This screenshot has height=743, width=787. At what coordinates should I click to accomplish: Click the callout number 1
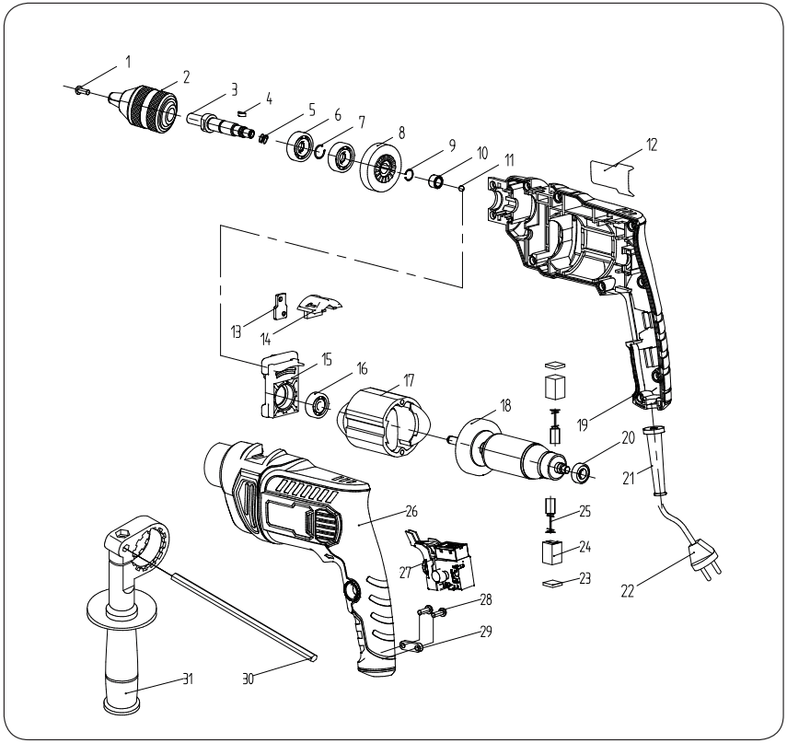click(128, 63)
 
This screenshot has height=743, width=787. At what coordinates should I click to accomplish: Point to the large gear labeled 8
click(379, 168)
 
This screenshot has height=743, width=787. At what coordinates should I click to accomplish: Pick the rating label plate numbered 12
click(609, 174)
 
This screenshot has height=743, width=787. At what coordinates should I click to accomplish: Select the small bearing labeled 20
click(581, 475)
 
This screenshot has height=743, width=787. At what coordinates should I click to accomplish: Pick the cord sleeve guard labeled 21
click(659, 459)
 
